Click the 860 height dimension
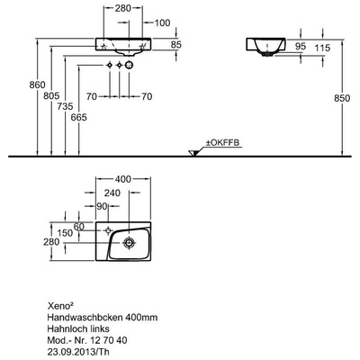click(x=37, y=85)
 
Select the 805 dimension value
click(x=51, y=96)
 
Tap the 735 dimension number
click(x=65, y=106)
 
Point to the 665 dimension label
click(x=78, y=117)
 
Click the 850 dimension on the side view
click(x=342, y=98)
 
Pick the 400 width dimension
click(x=123, y=179)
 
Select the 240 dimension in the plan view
click(x=112, y=193)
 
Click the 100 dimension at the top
click(x=162, y=22)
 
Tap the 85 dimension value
click(x=176, y=44)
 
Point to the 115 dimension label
click(x=322, y=48)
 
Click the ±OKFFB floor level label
click(x=222, y=143)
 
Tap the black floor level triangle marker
click(x=193, y=153)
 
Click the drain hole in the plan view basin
click(x=129, y=242)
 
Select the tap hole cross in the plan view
click(x=108, y=230)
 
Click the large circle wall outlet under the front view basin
click(x=129, y=65)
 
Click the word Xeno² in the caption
click(x=60, y=305)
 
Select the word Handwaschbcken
click(x=85, y=317)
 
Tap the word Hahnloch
click(x=64, y=328)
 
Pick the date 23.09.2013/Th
click(x=78, y=351)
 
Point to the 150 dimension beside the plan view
click(x=65, y=233)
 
